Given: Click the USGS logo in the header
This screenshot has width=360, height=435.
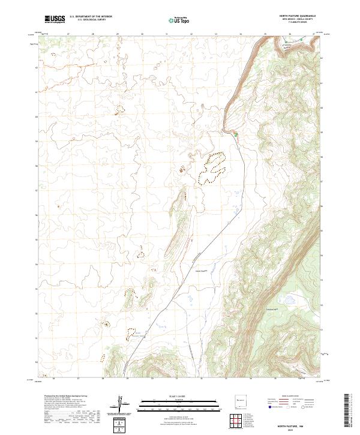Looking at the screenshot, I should [x=55, y=19].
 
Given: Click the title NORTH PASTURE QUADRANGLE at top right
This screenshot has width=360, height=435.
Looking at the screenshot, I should [x=296, y=16].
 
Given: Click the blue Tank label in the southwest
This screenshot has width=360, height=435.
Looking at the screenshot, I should [x=140, y=335].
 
